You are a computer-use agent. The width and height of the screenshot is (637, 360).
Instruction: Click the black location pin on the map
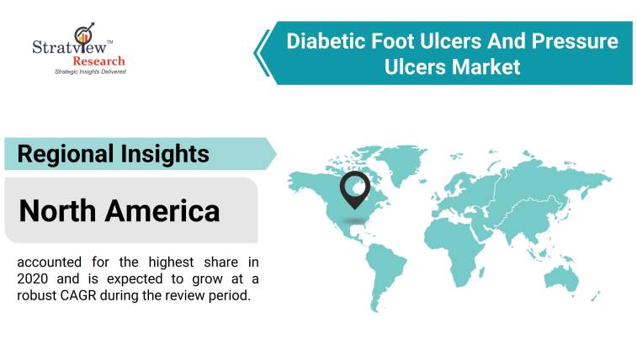click(354, 188)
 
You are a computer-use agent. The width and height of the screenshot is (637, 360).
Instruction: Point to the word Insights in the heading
click(167, 154)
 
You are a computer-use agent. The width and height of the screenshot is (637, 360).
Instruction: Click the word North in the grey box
click(62, 209)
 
